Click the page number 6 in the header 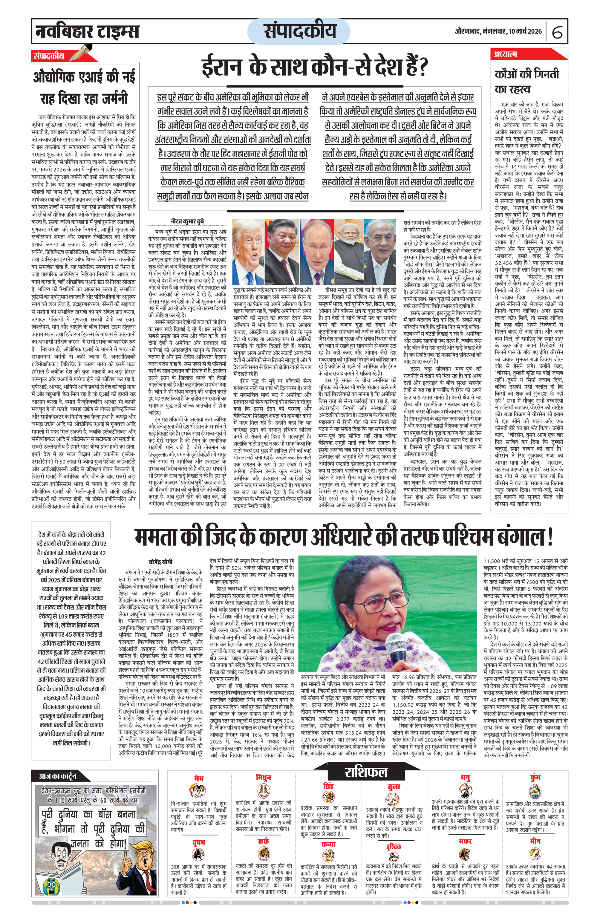[557, 32]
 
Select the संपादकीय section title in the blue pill [299, 31]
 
